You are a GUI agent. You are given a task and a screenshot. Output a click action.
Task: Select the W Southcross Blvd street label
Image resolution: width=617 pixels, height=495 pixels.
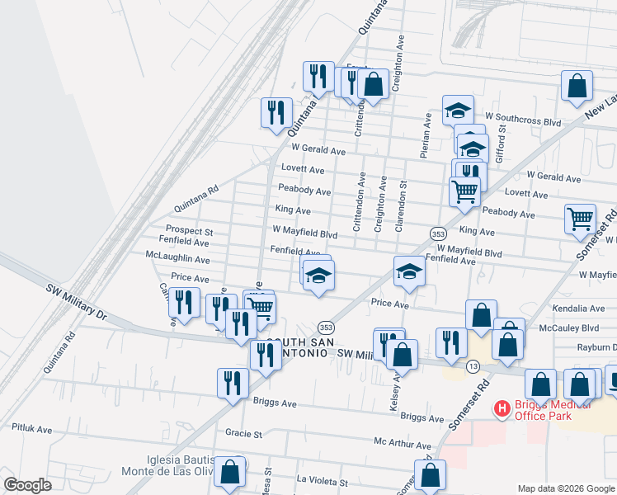(x=523, y=121)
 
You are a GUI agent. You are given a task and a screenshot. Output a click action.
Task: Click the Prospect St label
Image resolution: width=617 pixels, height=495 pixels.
(x=189, y=231)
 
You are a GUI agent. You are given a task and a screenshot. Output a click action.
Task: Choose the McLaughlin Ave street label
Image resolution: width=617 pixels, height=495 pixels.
(x=177, y=258)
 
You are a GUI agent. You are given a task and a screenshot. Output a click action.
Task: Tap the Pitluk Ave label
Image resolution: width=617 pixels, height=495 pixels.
(x=31, y=429)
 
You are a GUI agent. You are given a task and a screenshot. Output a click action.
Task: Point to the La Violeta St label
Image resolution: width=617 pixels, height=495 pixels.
(x=323, y=480)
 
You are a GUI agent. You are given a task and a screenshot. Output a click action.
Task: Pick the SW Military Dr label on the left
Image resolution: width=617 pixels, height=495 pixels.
(x=77, y=303)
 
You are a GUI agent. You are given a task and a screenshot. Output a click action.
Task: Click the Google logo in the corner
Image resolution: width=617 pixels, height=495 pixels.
(x=27, y=485)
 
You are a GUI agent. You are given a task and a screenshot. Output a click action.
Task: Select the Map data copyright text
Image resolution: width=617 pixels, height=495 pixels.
(x=566, y=488)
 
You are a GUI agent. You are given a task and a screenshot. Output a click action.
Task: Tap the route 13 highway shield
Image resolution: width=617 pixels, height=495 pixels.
(x=473, y=365)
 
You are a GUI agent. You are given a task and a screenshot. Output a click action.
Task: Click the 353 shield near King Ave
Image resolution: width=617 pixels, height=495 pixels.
(x=438, y=233)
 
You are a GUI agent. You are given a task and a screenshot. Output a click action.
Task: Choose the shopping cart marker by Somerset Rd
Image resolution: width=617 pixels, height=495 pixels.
(x=581, y=219)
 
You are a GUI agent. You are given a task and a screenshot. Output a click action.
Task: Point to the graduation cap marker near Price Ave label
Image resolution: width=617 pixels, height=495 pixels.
(x=409, y=274)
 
